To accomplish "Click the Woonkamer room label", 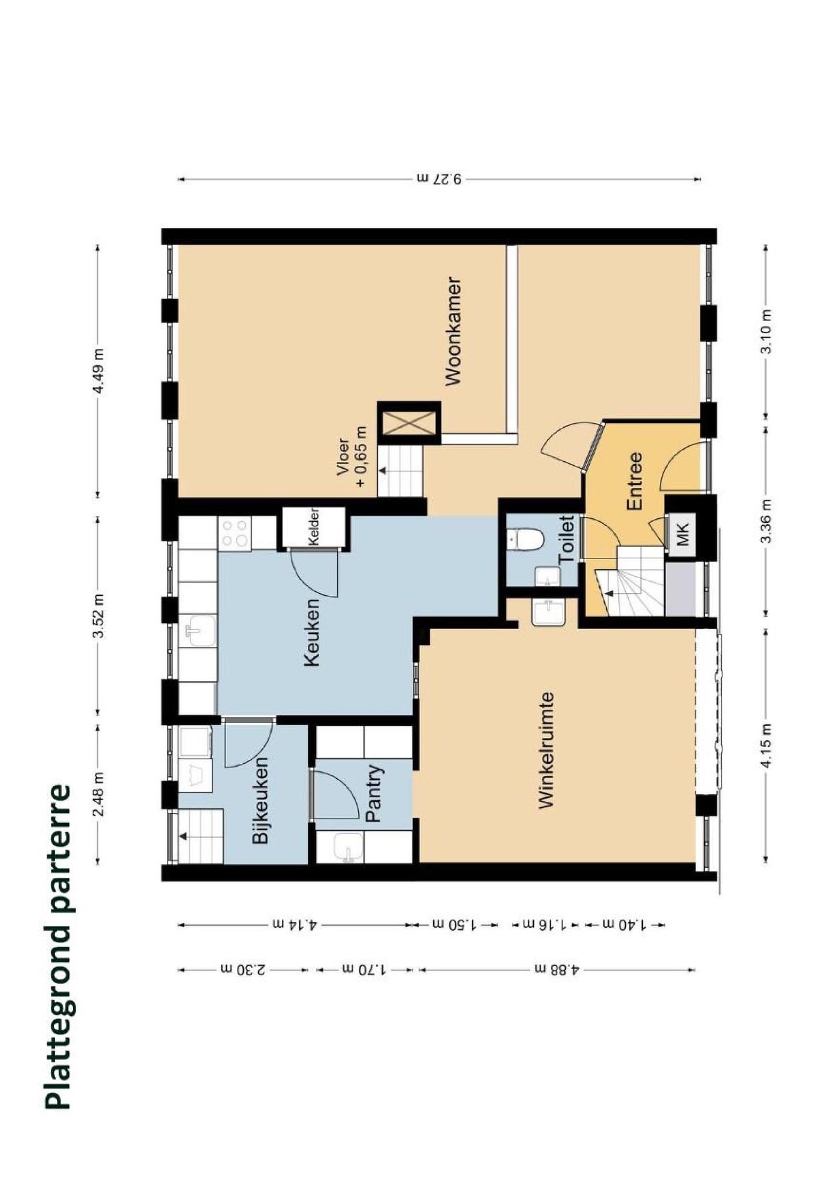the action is [453, 332].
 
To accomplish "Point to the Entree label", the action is [634, 481].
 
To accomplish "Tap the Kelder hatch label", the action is [314, 527].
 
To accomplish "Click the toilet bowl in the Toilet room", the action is [526, 540].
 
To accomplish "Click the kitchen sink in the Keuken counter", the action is [197, 631].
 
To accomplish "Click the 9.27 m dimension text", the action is [440, 178].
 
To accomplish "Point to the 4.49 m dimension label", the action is [99, 370].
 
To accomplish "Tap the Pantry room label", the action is [374, 793].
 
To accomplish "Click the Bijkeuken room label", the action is [261, 800].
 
